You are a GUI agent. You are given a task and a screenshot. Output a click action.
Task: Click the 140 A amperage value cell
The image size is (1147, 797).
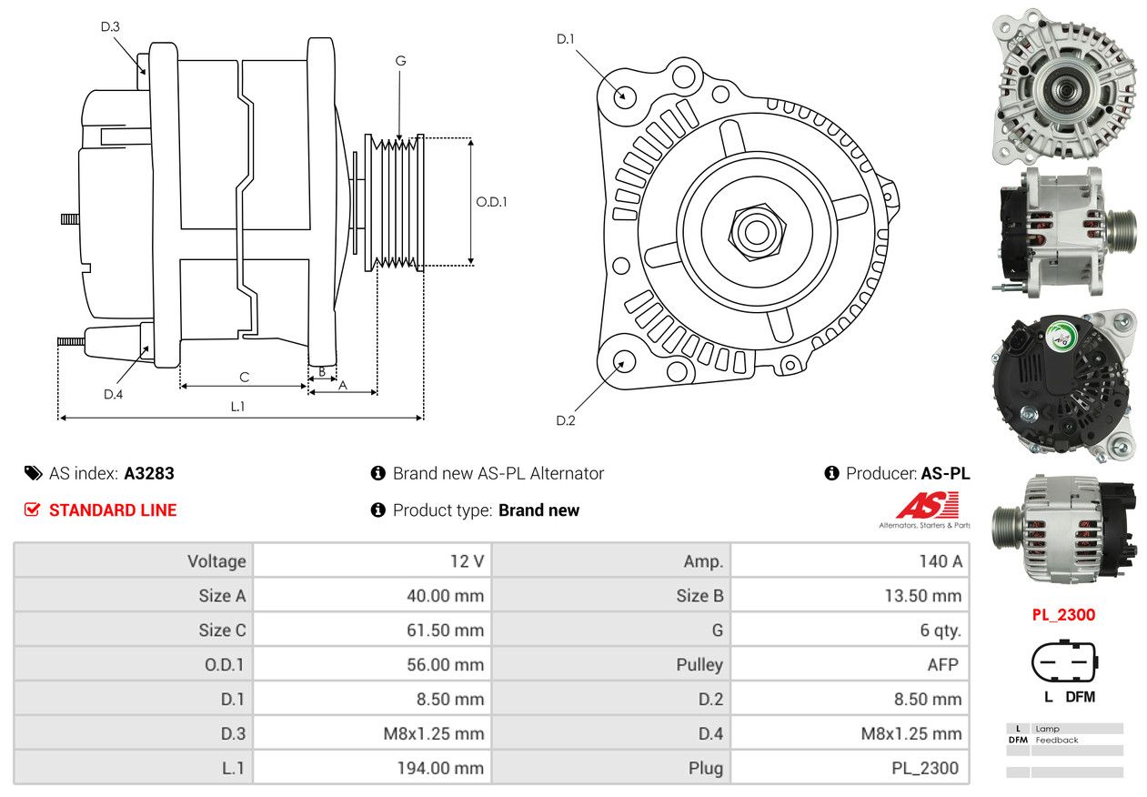point(940,561)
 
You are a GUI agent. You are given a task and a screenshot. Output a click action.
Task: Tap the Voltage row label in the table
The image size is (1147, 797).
point(216,561)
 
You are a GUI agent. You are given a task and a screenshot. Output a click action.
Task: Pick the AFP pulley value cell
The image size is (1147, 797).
point(942,664)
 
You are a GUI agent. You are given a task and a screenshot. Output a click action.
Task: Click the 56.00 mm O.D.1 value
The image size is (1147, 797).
point(445,664)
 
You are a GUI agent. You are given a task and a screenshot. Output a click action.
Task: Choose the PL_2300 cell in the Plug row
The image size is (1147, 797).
point(924,768)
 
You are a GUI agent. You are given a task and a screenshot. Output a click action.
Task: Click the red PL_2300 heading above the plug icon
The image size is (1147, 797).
point(1063,614)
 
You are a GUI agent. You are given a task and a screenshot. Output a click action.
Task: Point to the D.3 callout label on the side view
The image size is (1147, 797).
point(110,26)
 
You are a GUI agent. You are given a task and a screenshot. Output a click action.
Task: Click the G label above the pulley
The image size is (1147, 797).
point(400,61)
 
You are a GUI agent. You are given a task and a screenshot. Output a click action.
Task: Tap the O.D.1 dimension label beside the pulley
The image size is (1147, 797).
point(491,202)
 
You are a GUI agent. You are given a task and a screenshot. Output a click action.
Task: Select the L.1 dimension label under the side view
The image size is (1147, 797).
point(236,407)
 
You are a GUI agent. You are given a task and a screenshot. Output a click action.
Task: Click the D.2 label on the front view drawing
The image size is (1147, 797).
point(566,420)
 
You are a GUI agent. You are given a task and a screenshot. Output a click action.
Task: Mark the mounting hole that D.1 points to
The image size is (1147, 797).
point(624,96)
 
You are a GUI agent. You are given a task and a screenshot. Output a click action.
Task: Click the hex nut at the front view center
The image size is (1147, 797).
point(755,231)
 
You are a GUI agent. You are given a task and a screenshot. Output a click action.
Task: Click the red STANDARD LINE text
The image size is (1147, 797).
point(112,510)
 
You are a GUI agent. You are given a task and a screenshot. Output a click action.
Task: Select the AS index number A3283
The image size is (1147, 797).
point(149,473)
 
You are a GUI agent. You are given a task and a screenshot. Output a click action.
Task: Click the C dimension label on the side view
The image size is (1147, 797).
point(244,377)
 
